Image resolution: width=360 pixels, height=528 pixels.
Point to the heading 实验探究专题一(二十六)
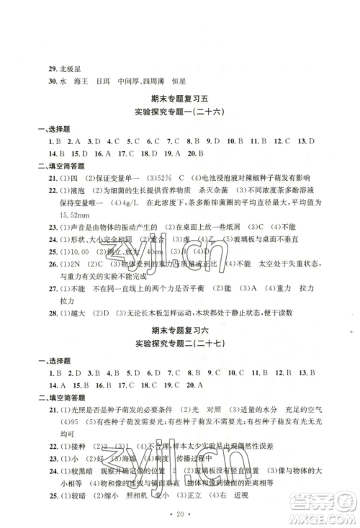pos(179,112)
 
